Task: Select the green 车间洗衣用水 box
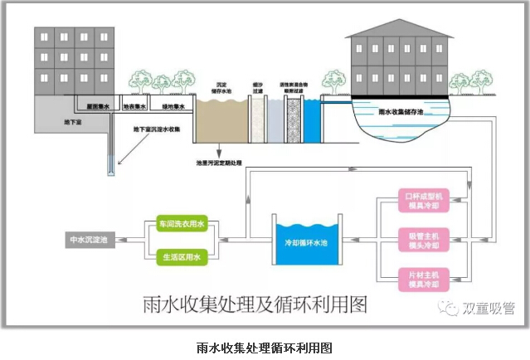pos(181,224)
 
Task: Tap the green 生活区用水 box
pos(181,257)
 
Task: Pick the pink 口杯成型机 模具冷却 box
pos(424,200)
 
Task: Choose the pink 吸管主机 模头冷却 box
pos(424,241)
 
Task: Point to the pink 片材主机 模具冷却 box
pos(424,280)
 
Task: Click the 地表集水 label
pos(134,106)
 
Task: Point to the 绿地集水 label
pos(173,106)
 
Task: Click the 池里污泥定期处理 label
pos(220,163)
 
